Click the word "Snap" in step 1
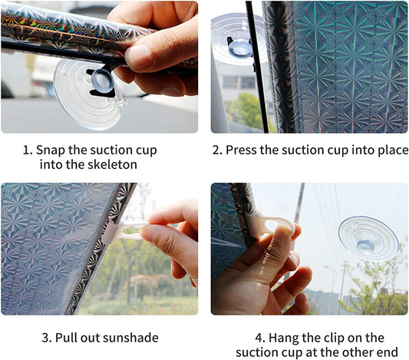coord(51,150)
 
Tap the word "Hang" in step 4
coord(284,338)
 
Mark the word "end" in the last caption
coord(388,352)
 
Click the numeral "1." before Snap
coord(28,150)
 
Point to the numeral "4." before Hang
coord(260,338)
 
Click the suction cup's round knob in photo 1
coord(102,80)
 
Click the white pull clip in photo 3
coord(124,230)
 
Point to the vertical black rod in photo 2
coord(257,67)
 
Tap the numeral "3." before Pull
coord(48,338)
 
